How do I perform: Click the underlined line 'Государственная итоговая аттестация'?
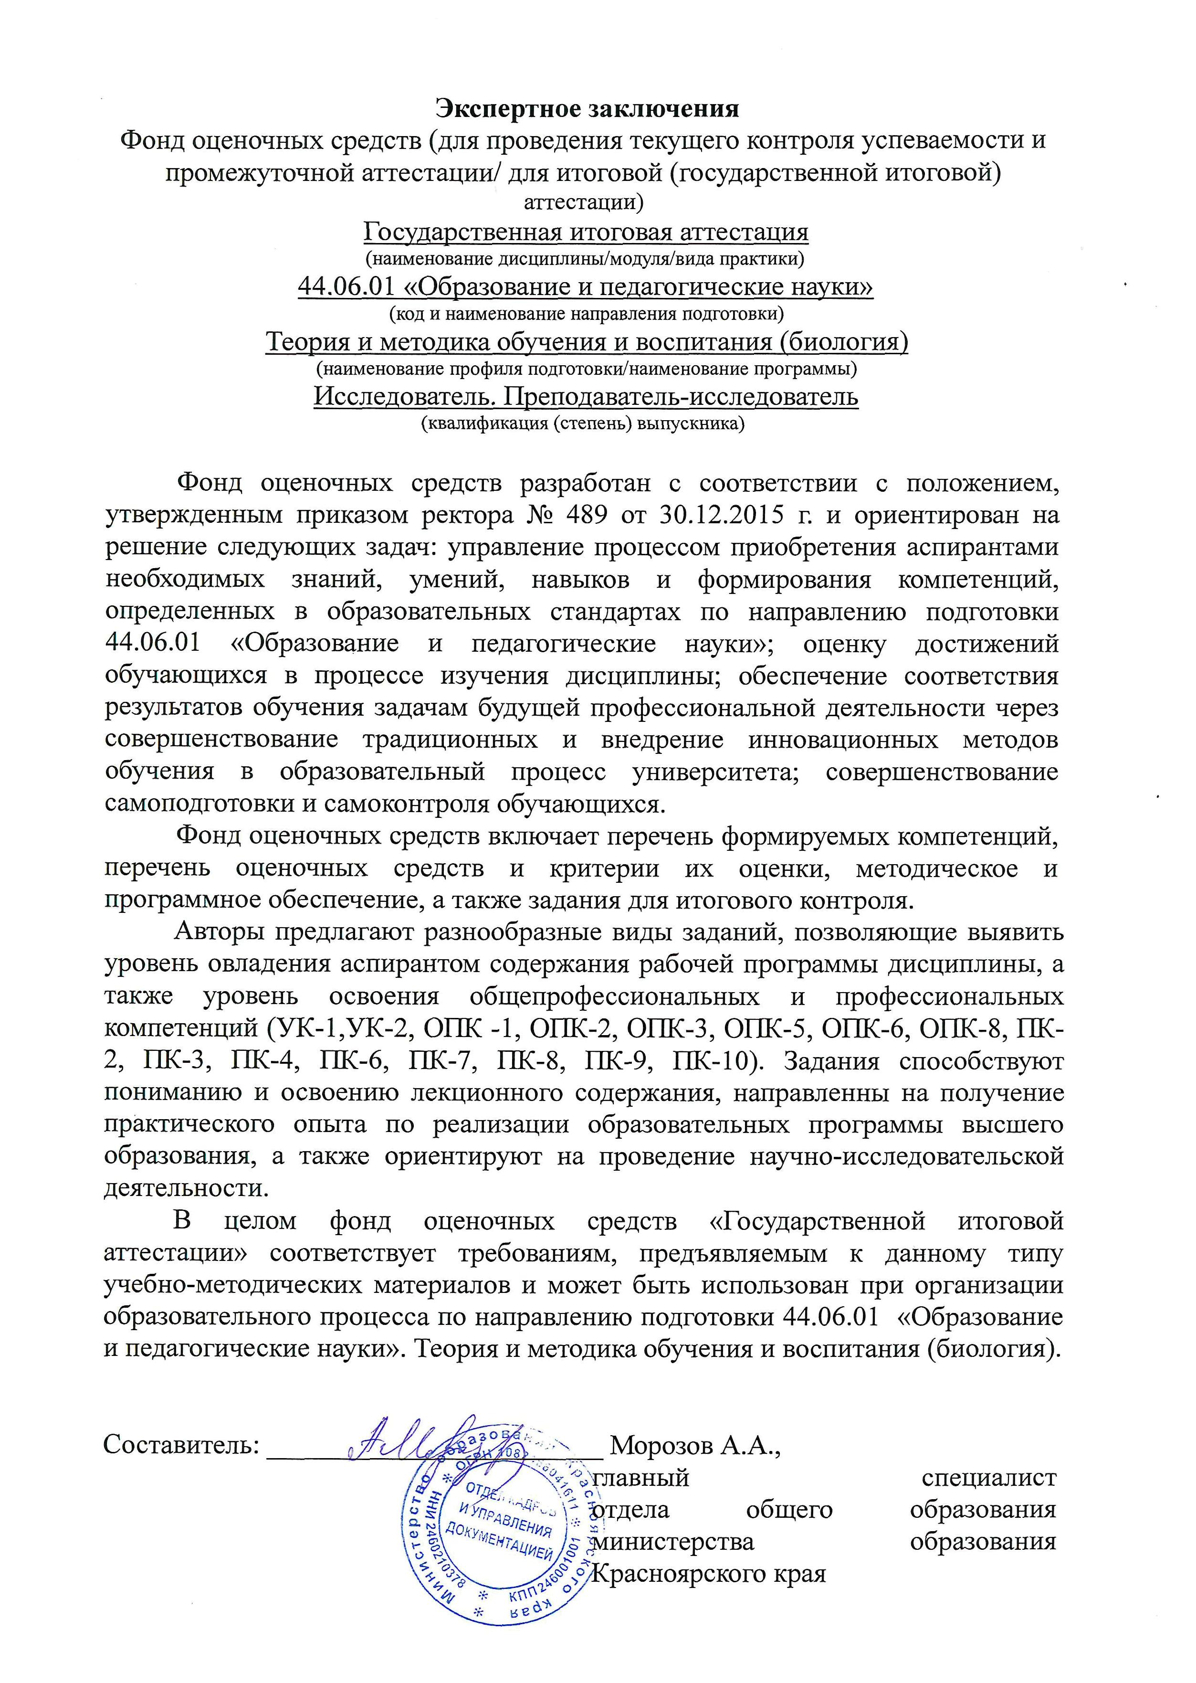pos(586,233)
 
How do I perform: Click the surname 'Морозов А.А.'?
pos(695,1444)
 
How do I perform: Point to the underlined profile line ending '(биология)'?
pos(586,342)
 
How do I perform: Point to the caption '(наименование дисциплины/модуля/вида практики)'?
pos(586,259)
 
